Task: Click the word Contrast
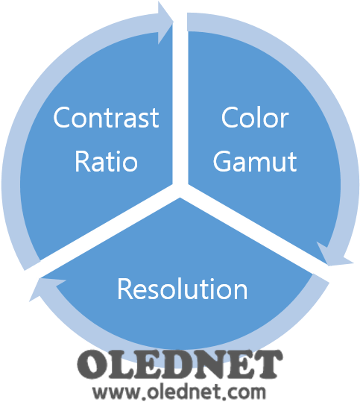(107, 117)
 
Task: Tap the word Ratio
(107, 162)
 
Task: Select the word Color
(255, 118)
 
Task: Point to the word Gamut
(255, 161)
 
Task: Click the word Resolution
(182, 289)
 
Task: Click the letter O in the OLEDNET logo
(92, 365)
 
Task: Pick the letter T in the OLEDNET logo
(268, 364)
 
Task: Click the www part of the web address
(116, 392)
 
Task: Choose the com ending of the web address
(247, 392)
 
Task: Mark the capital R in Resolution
(124, 289)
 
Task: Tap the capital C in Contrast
(62, 117)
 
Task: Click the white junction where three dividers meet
(180, 189)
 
